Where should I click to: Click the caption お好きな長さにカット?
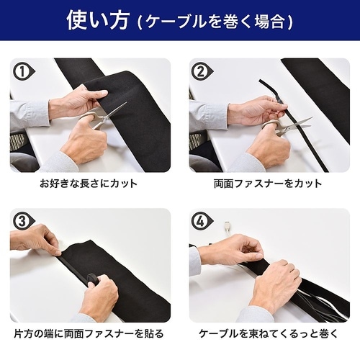tap(89, 184)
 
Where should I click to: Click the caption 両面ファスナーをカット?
tap(269, 184)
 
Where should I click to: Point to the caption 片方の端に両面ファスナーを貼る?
tap(89, 333)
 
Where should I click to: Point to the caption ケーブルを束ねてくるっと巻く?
tap(269, 333)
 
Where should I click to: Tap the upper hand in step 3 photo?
tap(36, 238)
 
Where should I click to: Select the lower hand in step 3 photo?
tap(97, 295)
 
